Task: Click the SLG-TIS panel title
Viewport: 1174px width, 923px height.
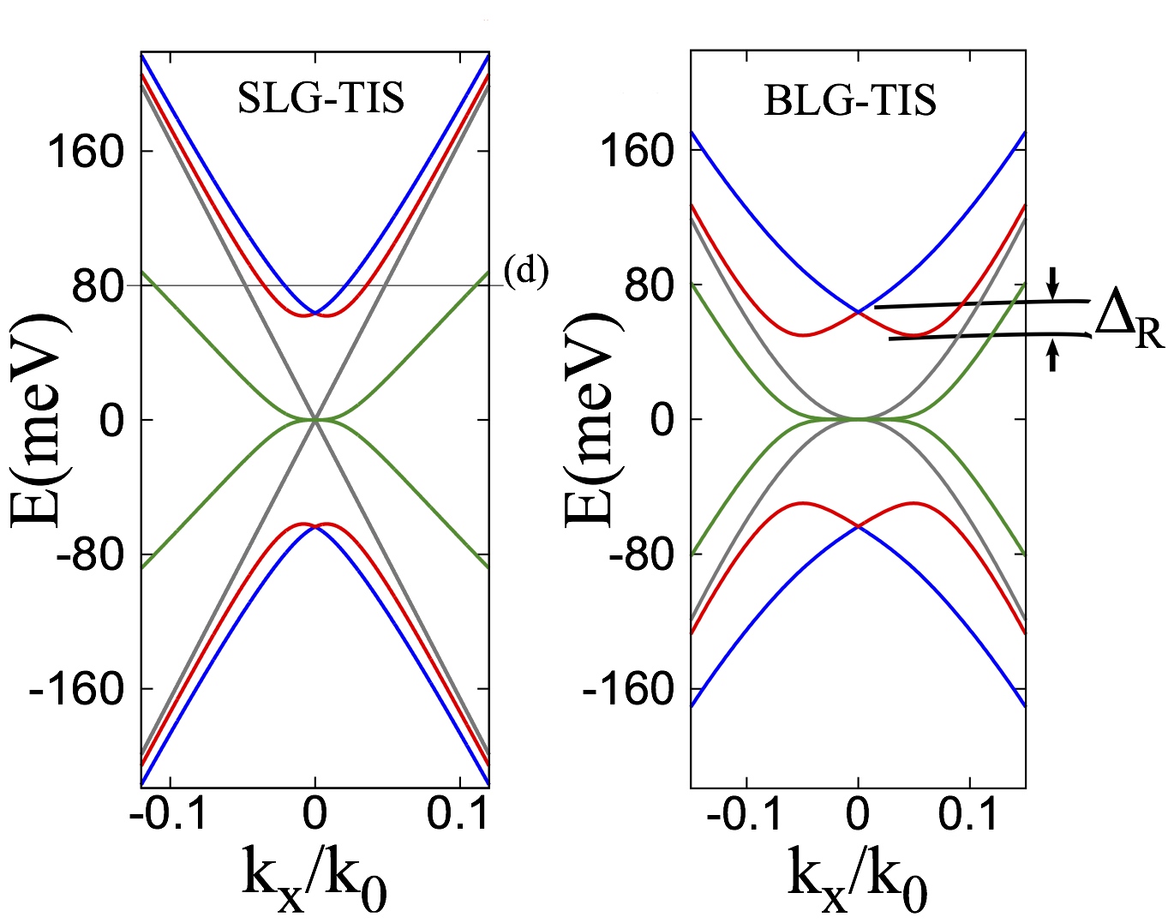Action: [320, 99]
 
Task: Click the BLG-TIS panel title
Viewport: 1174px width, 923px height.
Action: [849, 101]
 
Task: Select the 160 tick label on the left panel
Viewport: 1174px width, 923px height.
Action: [85, 153]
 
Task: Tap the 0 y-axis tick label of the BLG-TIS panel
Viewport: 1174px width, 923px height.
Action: [664, 420]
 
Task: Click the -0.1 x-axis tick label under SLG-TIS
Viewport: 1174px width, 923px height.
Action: [169, 814]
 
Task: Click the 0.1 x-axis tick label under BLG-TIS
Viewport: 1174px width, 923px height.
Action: [969, 814]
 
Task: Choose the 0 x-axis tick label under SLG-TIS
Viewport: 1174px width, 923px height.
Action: [315, 814]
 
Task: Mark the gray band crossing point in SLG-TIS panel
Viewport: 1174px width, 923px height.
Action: [315, 419]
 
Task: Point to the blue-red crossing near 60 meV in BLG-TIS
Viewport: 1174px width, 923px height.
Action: [858, 311]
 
